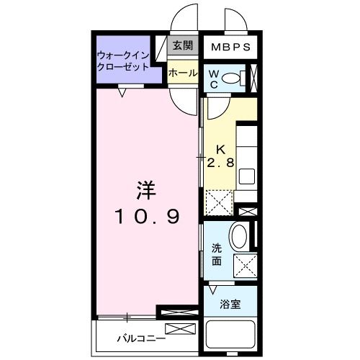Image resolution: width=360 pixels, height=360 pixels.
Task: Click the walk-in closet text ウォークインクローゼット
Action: click(x=123, y=60)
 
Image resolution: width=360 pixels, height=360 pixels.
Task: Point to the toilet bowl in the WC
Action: click(x=230, y=78)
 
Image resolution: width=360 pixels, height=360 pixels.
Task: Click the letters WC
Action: click(x=215, y=78)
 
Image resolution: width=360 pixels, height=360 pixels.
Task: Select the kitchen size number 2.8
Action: click(x=220, y=163)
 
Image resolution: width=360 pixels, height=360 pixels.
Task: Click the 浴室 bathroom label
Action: click(x=230, y=304)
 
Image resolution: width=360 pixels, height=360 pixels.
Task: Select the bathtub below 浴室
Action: click(x=231, y=335)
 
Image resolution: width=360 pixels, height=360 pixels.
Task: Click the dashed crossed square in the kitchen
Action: click(x=217, y=200)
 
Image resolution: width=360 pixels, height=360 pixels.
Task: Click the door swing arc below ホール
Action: click(x=185, y=102)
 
